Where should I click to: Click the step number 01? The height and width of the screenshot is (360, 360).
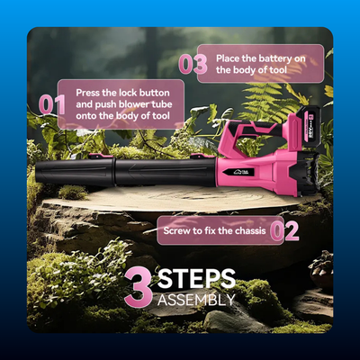[x=52, y=104]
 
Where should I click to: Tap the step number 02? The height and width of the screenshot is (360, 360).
[x=284, y=231]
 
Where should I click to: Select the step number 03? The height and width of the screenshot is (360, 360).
[x=193, y=64]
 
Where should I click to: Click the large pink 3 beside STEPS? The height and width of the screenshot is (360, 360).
[x=139, y=288]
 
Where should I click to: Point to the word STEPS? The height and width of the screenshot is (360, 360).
[x=196, y=278]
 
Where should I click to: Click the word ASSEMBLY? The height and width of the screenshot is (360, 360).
[x=196, y=300]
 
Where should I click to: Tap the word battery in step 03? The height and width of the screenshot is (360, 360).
[x=274, y=58]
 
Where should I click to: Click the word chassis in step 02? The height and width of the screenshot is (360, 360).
[x=250, y=230]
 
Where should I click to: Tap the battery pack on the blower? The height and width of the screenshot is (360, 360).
[x=307, y=125]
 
